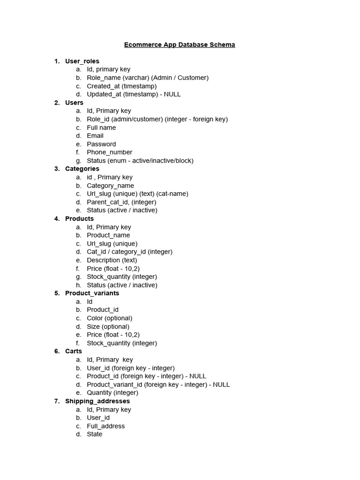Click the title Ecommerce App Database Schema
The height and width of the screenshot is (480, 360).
(x=180, y=45)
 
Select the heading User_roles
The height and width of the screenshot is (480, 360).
(x=82, y=61)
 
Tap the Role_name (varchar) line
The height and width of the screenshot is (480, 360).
(x=147, y=78)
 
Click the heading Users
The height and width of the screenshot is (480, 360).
(x=74, y=103)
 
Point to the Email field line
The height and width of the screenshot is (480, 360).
(x=95, y=136)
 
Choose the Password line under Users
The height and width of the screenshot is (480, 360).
(x=101, y=144)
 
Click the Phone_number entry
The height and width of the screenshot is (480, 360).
(x=109, y=152)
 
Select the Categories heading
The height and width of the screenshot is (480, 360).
(x=82, y=169)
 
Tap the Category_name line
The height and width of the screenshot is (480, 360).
(x=110, y=186)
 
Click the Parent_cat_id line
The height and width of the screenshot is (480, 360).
(x=121, y=202)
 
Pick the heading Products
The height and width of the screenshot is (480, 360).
(x=79, y=219)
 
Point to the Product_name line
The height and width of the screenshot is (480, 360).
(x=108, y=235)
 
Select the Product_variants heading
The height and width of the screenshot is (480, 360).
(x=92, y=293)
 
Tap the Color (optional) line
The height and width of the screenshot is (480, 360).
(x=109, y=318)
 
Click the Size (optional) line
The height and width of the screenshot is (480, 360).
(x=108, y=327)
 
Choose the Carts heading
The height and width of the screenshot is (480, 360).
(x=74, y=352)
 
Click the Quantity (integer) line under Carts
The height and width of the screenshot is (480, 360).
(x=112, y=393)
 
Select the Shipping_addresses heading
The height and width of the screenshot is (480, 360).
(x=97, y=401)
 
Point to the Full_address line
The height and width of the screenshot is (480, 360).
(x=105, y=426)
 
